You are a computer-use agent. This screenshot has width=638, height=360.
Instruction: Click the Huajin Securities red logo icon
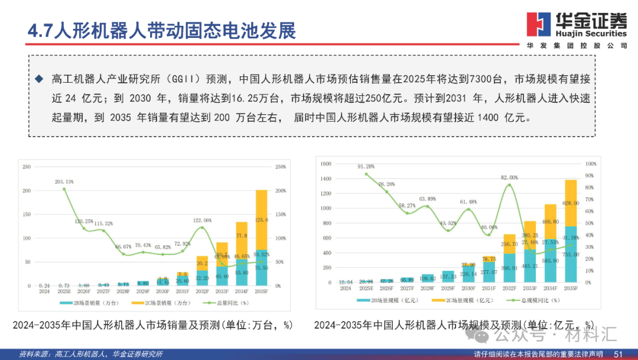click(x=539, y=24)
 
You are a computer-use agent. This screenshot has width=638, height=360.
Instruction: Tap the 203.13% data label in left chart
click(x=64, y=181)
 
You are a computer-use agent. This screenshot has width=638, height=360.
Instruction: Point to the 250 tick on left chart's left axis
click(x=26, y=167)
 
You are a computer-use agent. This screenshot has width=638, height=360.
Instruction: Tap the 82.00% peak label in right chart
click(x=509, y=177)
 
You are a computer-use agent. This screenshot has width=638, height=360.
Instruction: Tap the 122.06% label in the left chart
click(x=202, y=220)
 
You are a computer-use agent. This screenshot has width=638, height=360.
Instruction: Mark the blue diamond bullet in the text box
click(x=40, y=79)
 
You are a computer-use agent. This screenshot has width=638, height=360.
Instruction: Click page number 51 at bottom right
click(x=619, y=354)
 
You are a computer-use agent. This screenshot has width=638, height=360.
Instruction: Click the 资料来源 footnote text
click(x=91, y=354)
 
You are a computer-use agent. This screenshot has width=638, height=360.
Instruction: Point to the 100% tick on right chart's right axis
click(x=591, y=164)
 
